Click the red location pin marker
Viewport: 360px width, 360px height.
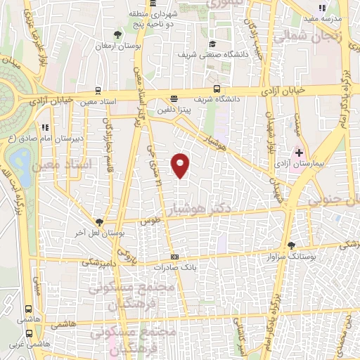181,166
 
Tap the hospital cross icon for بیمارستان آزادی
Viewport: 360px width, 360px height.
299,153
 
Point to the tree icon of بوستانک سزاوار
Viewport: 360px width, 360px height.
292,245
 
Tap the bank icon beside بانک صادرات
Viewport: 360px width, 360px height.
174,257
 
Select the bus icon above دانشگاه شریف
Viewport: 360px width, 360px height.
217,89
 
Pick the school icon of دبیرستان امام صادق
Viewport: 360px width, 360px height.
45,128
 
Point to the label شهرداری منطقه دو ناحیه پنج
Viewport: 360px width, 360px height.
153,18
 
